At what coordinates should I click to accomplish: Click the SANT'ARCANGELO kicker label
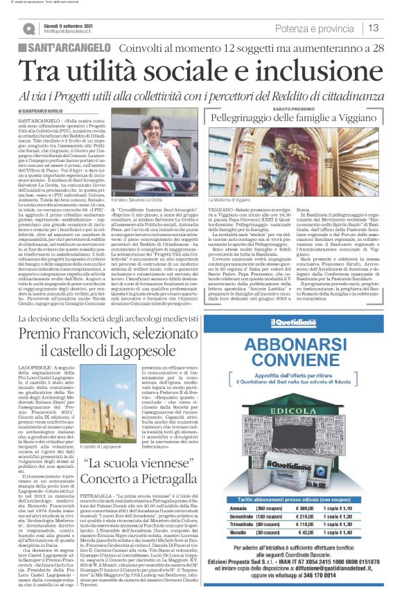tap(64, 48)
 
